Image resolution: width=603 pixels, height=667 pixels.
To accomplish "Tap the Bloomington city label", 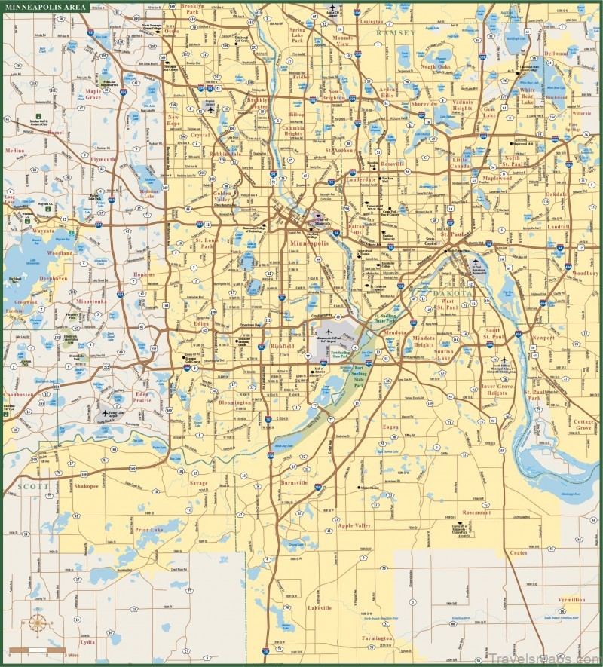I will coord(234,404).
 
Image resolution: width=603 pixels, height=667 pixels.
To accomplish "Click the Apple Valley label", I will coord(353,525).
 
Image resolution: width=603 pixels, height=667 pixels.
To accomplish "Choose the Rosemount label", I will coord(476,512).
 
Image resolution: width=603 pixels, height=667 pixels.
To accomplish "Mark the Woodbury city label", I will coord(585,273).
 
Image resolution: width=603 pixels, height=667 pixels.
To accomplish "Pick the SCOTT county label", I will coord(31,487).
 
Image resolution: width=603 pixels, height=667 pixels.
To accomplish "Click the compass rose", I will coord(40,624).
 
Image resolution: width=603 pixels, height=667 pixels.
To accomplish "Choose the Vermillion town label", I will coord(571,600).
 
